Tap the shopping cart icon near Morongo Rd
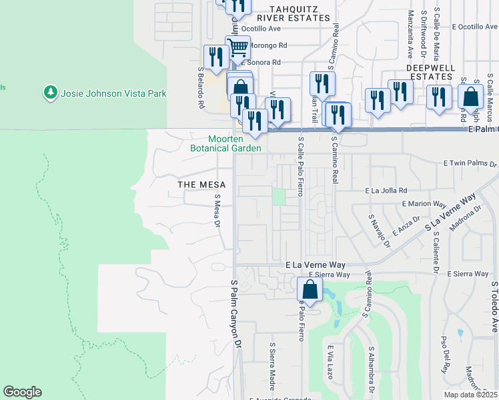click(237, 47)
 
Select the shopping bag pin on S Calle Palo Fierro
click(310, 289)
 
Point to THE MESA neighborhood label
click(201, 184)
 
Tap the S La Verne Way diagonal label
click(450, 214)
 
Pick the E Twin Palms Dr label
click(470, 163)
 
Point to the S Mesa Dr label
click(217, 210)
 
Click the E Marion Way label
click(423, 204)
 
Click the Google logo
click(22, 392)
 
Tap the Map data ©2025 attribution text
click(470, 395)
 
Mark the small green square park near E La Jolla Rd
click(279, 197)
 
